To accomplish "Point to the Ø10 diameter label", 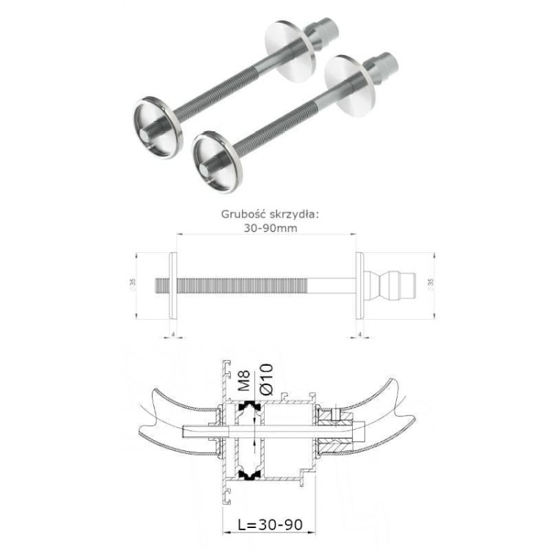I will tap(265, 379).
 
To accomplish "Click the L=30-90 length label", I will tap(269, 525).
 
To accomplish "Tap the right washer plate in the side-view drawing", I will tap(360, 286).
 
